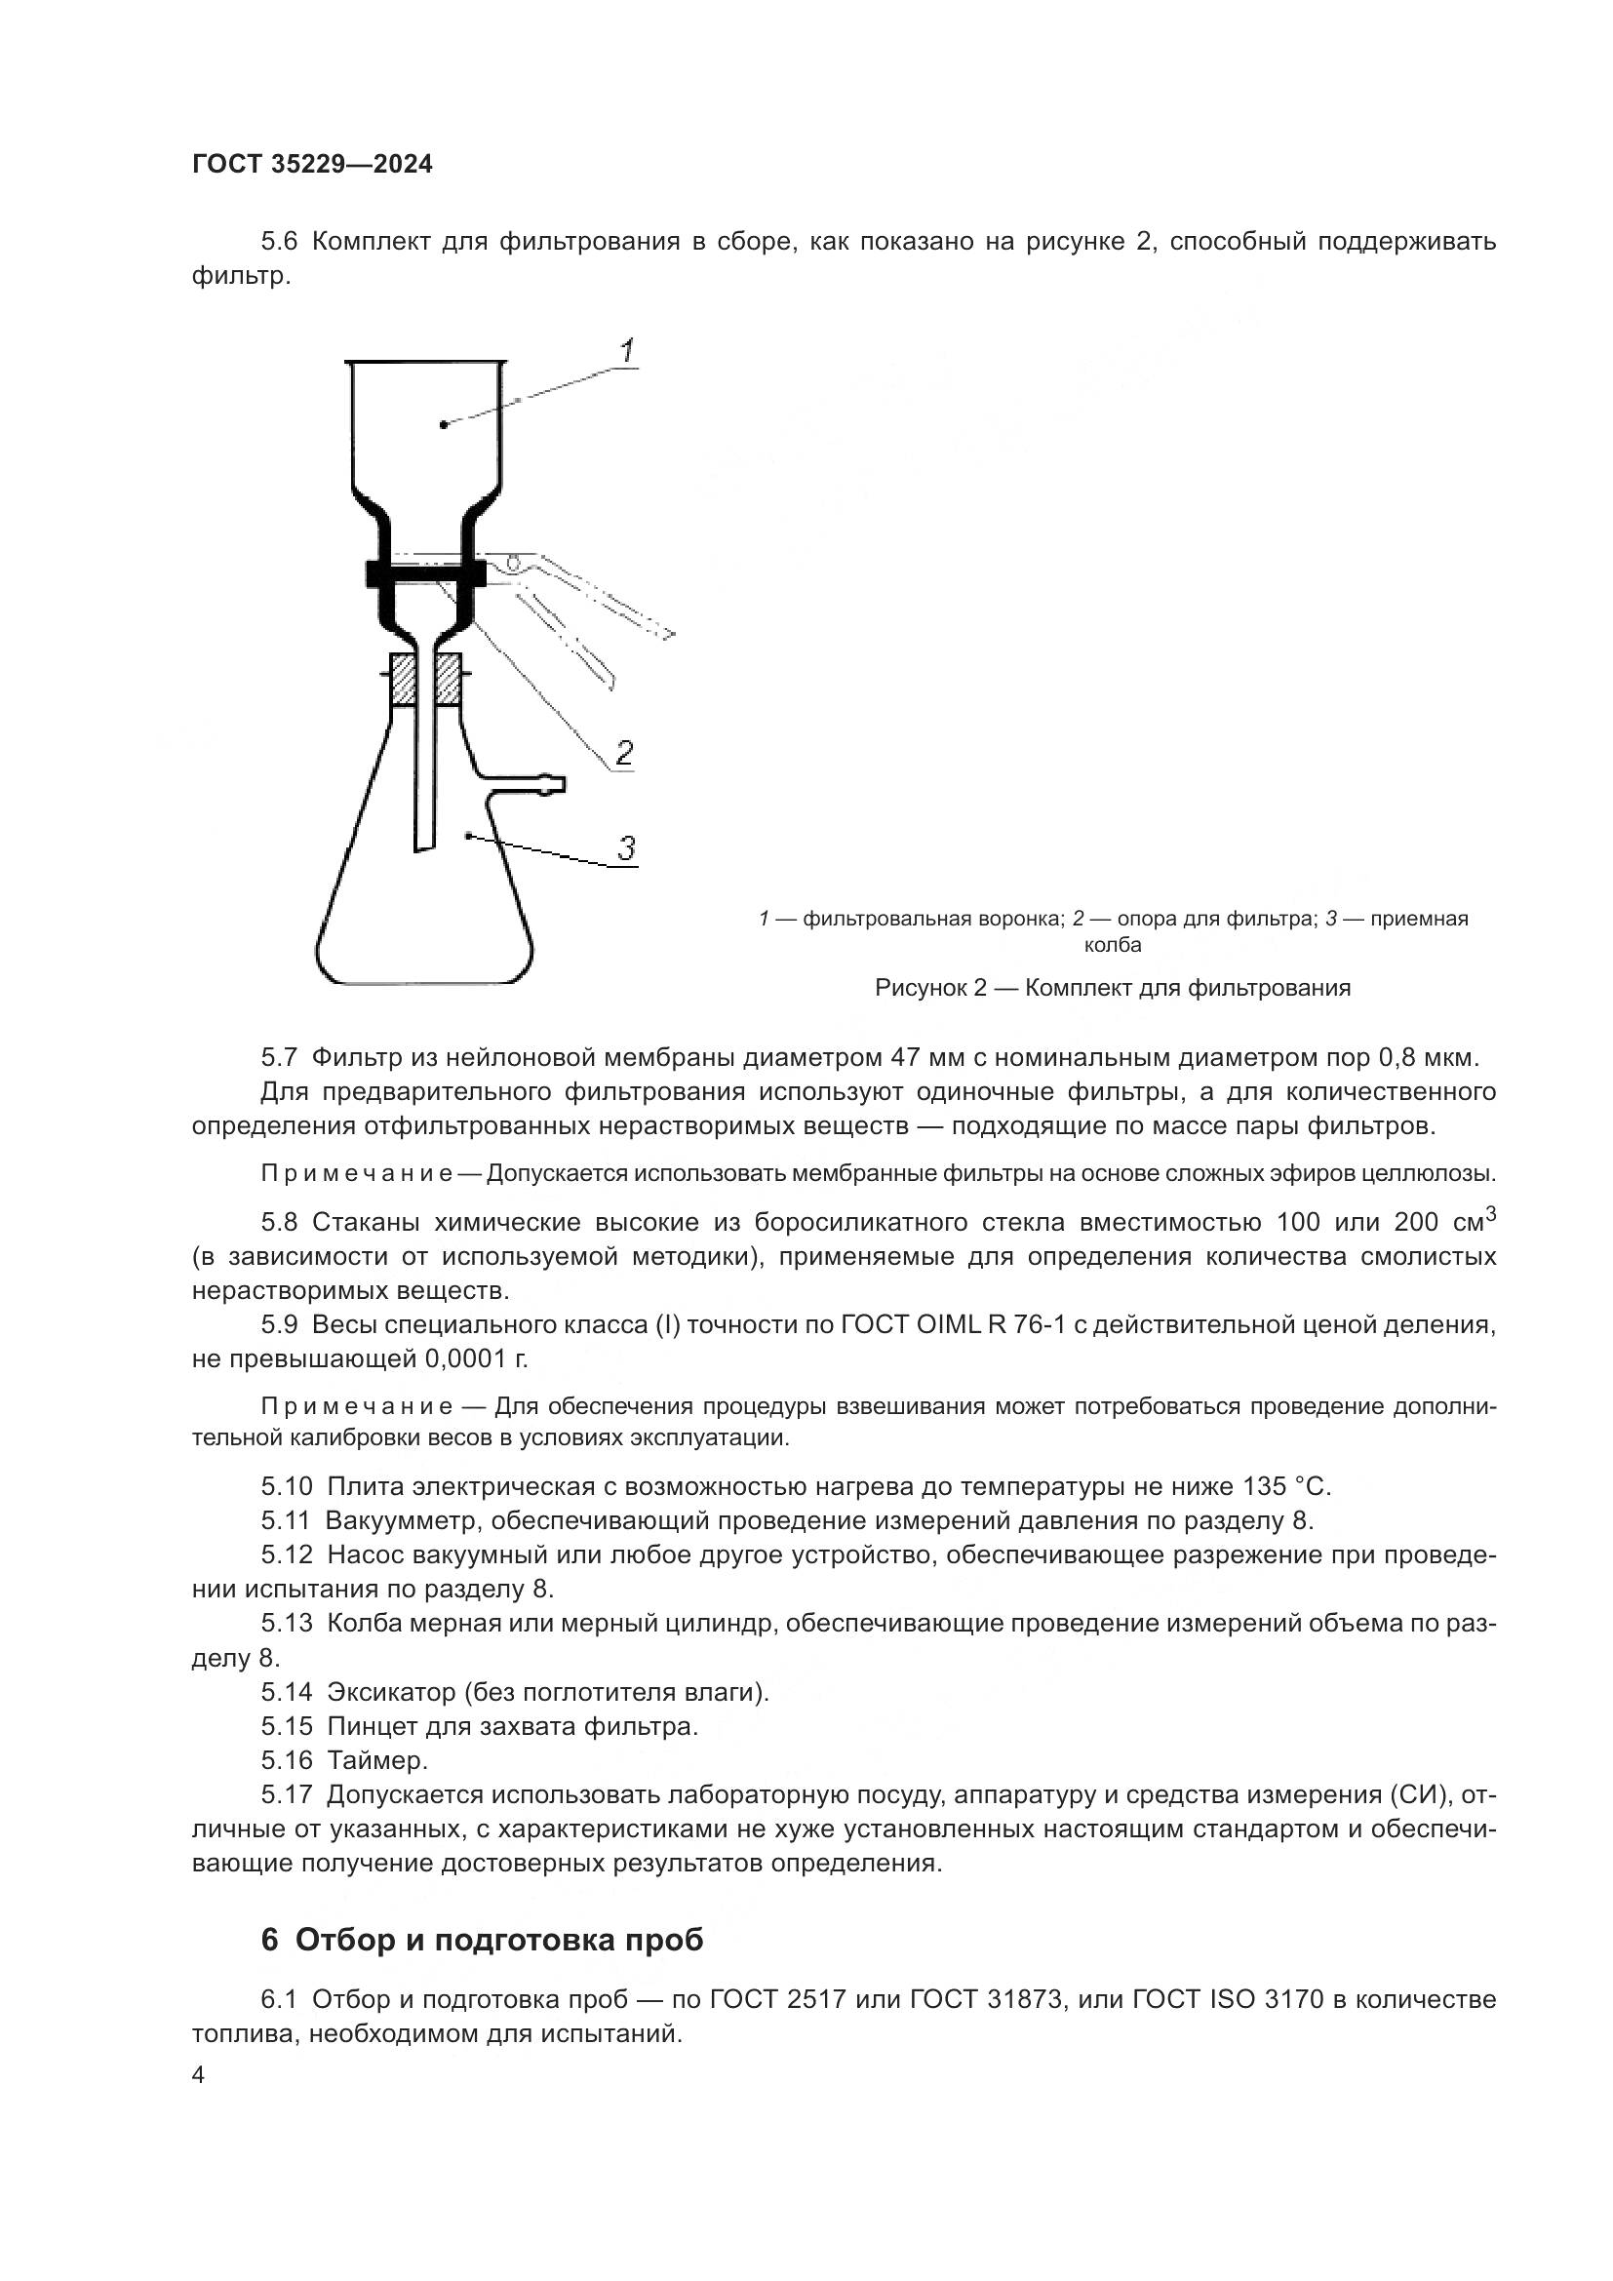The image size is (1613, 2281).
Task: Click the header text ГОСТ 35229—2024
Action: [x=312, y=165]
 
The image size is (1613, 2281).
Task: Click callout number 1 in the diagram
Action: [x=627, y=351]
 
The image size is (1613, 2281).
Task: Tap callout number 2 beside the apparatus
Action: [x=624, y=753]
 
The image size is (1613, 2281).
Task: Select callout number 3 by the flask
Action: [x=626, y=848]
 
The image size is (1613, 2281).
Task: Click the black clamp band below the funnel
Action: [x=425, y=573]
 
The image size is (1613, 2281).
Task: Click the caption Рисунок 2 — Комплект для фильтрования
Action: [x=1113, y=988]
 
